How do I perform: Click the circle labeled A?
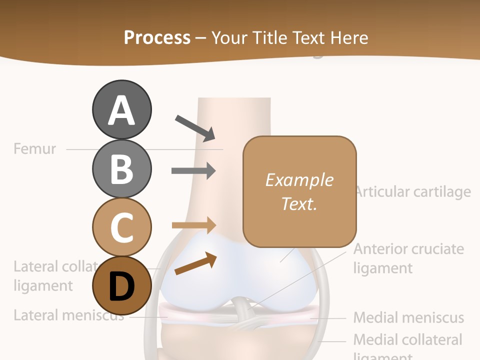tap(121, 109)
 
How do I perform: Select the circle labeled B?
tap(121, 168)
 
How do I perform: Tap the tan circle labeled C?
tap(121, 227)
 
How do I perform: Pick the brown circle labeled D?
tap(121, 286)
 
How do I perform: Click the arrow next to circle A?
tap(194, 128)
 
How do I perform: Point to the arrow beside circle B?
tap(193, 170)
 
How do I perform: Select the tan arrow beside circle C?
tap(193, 225)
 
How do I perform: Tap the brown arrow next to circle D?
tap(195, 264)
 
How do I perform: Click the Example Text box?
tap(299, 191)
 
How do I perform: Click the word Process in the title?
tap(157, 37)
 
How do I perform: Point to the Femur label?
tap(35, 148)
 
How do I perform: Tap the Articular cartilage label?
tap(413, 191)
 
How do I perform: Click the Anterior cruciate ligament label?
tap(408, 258)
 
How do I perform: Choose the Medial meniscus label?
tap(408, 317)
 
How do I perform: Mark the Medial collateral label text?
tap(407, 339)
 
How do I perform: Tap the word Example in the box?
tap(299, 180)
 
